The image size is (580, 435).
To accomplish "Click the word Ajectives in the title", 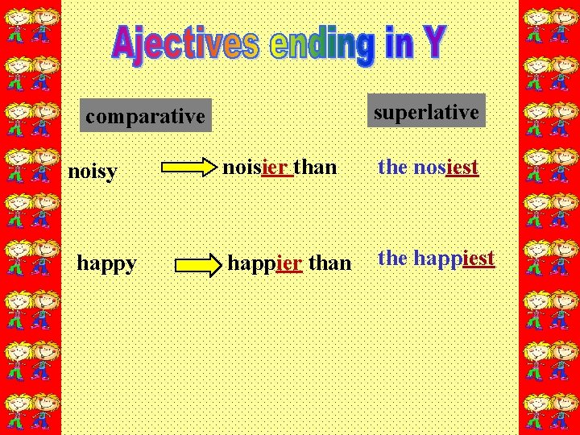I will pyautogui.click(x=185, y=43).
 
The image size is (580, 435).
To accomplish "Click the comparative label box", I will pyautogui.click(x=146, y=116).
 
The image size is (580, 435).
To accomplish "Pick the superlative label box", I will pyautogui.click(x=426, y=112).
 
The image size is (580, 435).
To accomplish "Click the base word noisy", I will pyautogui.click(x=93, y=171).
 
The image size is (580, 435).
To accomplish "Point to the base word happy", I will pyautogui.click(x=106, y=263).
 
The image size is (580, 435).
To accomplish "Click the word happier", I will pyautogui.click(x=265, y=263).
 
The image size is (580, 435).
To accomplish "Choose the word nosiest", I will pyautogui.click(x=445, y=167).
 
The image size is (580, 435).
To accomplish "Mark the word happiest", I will pyautogui.click(x=454, y=258).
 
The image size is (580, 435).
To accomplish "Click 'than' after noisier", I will pyautogui.click(x=315, y=167).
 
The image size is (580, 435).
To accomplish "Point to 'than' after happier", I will pyautogui.click(x=329, y=263).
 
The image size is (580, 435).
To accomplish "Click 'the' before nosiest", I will pyautogui.click(x=392, y=167).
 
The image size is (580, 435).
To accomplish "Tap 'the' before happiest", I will pyautogui.click(x=392, y=258).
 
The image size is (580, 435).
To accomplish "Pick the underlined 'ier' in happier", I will pyautogui.click(x=288, y=263).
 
